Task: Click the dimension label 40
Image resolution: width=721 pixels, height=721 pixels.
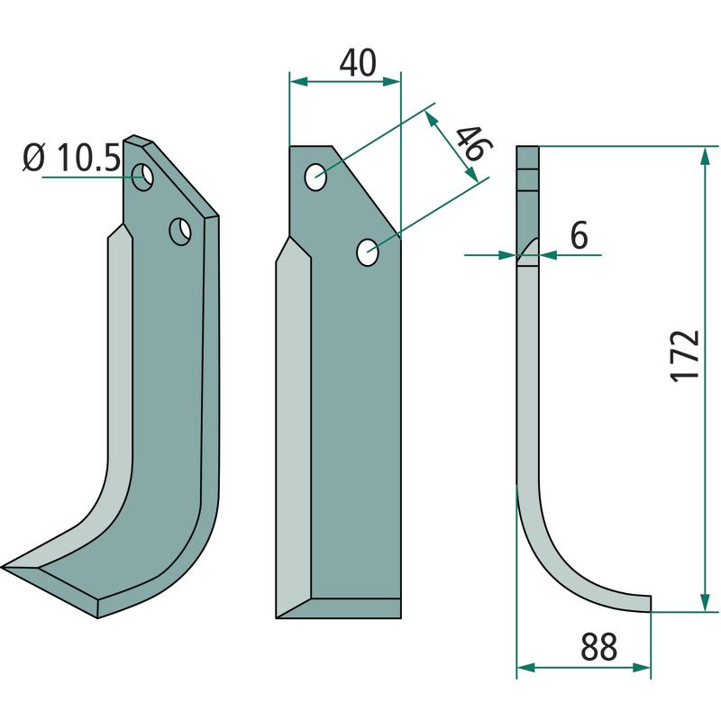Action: click(358, 62)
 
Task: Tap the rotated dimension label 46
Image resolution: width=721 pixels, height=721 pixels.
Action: click(474, 143)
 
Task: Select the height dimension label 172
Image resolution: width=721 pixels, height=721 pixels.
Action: click(684, 356)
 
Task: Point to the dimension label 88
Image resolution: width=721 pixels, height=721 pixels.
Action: click(598, 646)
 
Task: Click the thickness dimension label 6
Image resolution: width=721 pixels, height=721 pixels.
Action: click(579, 235)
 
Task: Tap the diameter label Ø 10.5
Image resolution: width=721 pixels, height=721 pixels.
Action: click(72, 158)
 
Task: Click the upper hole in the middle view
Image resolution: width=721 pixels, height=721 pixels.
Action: click(316, 177)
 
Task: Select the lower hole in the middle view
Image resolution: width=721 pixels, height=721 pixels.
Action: click(368, 252)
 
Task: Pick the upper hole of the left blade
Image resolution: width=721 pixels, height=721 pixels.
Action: click(142, 177)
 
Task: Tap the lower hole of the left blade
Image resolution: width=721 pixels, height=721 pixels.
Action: click(180, 232)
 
